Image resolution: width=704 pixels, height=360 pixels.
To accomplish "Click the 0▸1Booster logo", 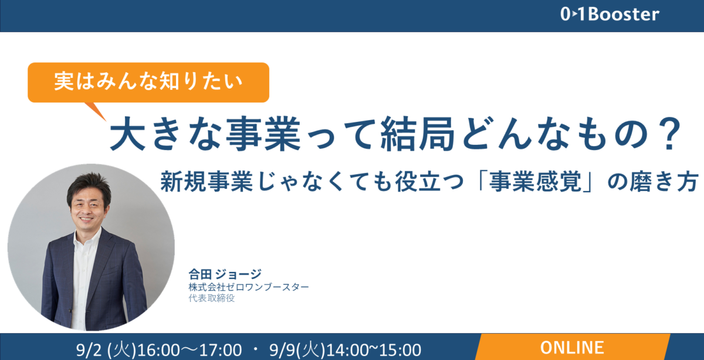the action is tap(610, 15).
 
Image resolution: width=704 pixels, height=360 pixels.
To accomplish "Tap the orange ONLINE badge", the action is tap(573, 347).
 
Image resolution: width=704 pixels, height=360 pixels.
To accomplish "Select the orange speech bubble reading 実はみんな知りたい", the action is tap(148, 82).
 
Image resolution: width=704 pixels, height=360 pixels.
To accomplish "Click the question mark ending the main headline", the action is tap(671, 134).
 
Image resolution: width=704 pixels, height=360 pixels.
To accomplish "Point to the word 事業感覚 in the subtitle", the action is tap(535, 182).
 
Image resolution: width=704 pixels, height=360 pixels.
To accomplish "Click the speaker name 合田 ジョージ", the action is tap(225, 274).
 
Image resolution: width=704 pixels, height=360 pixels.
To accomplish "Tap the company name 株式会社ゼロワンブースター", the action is tap(249, 287).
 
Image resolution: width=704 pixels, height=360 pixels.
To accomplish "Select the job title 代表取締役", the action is tap(212, 298).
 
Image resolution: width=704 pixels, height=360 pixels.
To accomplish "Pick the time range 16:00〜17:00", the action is tap(189, 350).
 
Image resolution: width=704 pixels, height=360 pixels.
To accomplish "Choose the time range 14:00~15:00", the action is tap(374, 350).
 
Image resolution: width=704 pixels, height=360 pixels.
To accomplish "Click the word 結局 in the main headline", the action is tap(418, 134).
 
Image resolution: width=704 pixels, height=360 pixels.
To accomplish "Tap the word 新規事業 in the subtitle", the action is tap(207, 182).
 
